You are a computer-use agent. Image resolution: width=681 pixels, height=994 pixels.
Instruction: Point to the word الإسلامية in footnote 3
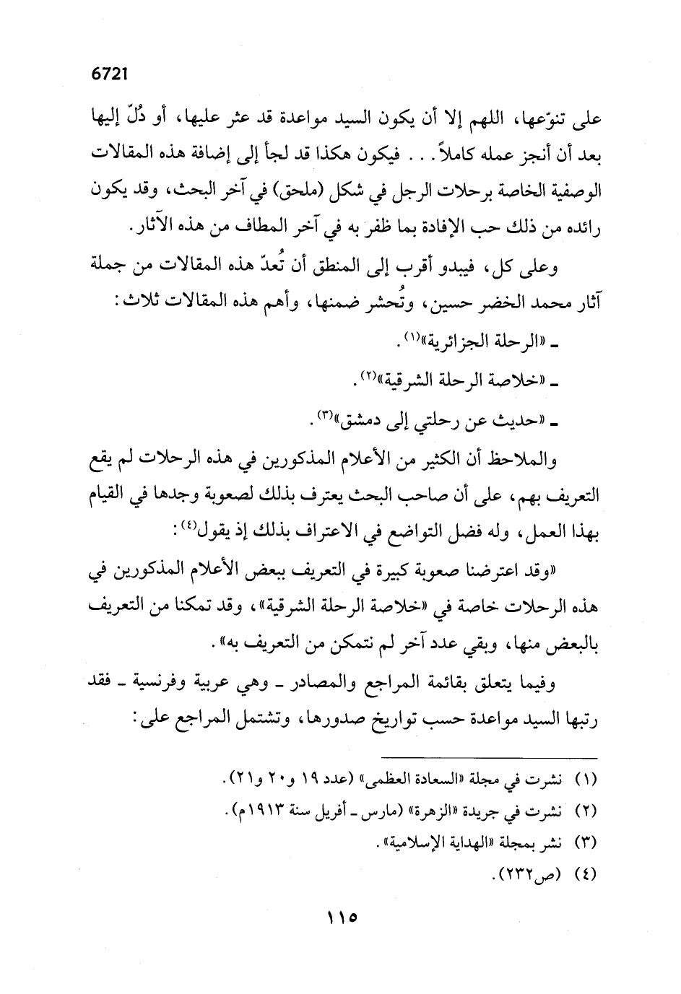pyautogui.click(x=422, y=842)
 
